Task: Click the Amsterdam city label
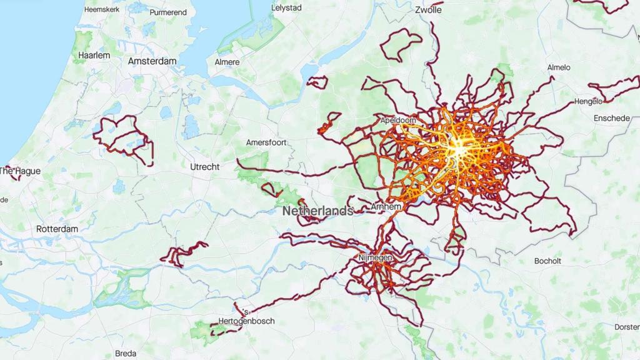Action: click(152, 61)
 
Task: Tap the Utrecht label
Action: click(205, 167)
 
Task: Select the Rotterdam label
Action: click(57, 229)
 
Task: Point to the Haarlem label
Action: click(94, 55)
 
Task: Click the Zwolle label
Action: click(428, 10)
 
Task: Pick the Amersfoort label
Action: click(266, 142)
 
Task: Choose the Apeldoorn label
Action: click(398, 119)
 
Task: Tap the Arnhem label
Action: click(386, 206)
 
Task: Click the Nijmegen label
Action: click(375, 257)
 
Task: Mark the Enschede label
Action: click(612, 117)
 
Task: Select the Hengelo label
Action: click(588, 101)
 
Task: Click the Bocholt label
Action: click(547, 261)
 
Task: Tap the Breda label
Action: click(126, 353)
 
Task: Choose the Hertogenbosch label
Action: click(247, 321)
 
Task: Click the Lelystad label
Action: click(286, 8)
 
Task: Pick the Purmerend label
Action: click(168, 12)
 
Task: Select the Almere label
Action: click(227, 62)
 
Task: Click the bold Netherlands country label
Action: click(317, 211)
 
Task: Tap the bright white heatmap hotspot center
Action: click(459, 150)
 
